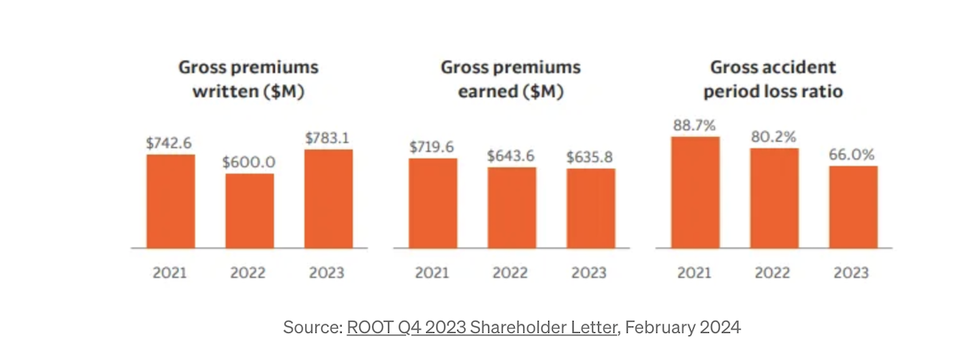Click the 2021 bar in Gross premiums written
[x=170, y=201]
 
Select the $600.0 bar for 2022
[x=249, y=210]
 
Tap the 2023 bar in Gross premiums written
[x=328, y=198]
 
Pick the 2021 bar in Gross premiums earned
[x=433, y=203]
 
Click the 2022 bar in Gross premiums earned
[x=511, y=207]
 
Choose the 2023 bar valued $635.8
[x=590, y=208]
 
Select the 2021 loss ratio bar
[x=695, y=192]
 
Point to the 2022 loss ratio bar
[x=774, y=198]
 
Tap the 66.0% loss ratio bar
[x=852, y=206]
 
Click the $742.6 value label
[x=170, y=143]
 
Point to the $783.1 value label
[x=328, y=138]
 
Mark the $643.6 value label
[x=511, y=156]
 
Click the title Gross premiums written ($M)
[x=249, y=79]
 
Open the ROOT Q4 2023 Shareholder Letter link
[x=482, y=327]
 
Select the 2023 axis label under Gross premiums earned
[x=590, y=273]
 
